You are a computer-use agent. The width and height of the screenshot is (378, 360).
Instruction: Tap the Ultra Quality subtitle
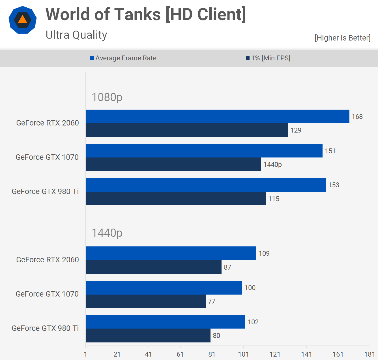(76, 35)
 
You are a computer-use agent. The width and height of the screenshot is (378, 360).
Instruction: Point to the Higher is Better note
(342, 38)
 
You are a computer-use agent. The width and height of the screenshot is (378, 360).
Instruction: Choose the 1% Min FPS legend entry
(268, 58)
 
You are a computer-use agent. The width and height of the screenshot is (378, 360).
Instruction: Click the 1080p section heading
(107, 97)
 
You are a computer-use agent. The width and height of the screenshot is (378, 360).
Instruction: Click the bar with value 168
(217, 116)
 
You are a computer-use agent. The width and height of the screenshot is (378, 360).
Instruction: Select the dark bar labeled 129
(187, 130)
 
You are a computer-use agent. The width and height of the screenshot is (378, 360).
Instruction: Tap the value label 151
(330, 151)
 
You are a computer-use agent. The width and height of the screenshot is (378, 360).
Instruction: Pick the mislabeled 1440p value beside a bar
(272, 165)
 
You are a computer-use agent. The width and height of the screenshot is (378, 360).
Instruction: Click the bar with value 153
(205, 185)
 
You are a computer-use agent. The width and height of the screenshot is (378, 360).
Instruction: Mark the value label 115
(274, 199)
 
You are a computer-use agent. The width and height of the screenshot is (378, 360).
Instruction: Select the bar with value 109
(171, 253)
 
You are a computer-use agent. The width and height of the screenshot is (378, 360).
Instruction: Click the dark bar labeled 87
(154, 267)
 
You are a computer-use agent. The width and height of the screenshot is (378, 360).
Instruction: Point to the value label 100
(250, 288)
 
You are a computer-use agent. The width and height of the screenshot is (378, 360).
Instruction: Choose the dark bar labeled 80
(148, 336)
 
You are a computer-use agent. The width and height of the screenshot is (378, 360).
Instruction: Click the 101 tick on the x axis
(243, 354)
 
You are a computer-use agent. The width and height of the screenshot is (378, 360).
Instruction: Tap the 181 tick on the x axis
(370, 354)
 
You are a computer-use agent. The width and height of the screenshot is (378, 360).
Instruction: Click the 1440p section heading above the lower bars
(107, 233)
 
